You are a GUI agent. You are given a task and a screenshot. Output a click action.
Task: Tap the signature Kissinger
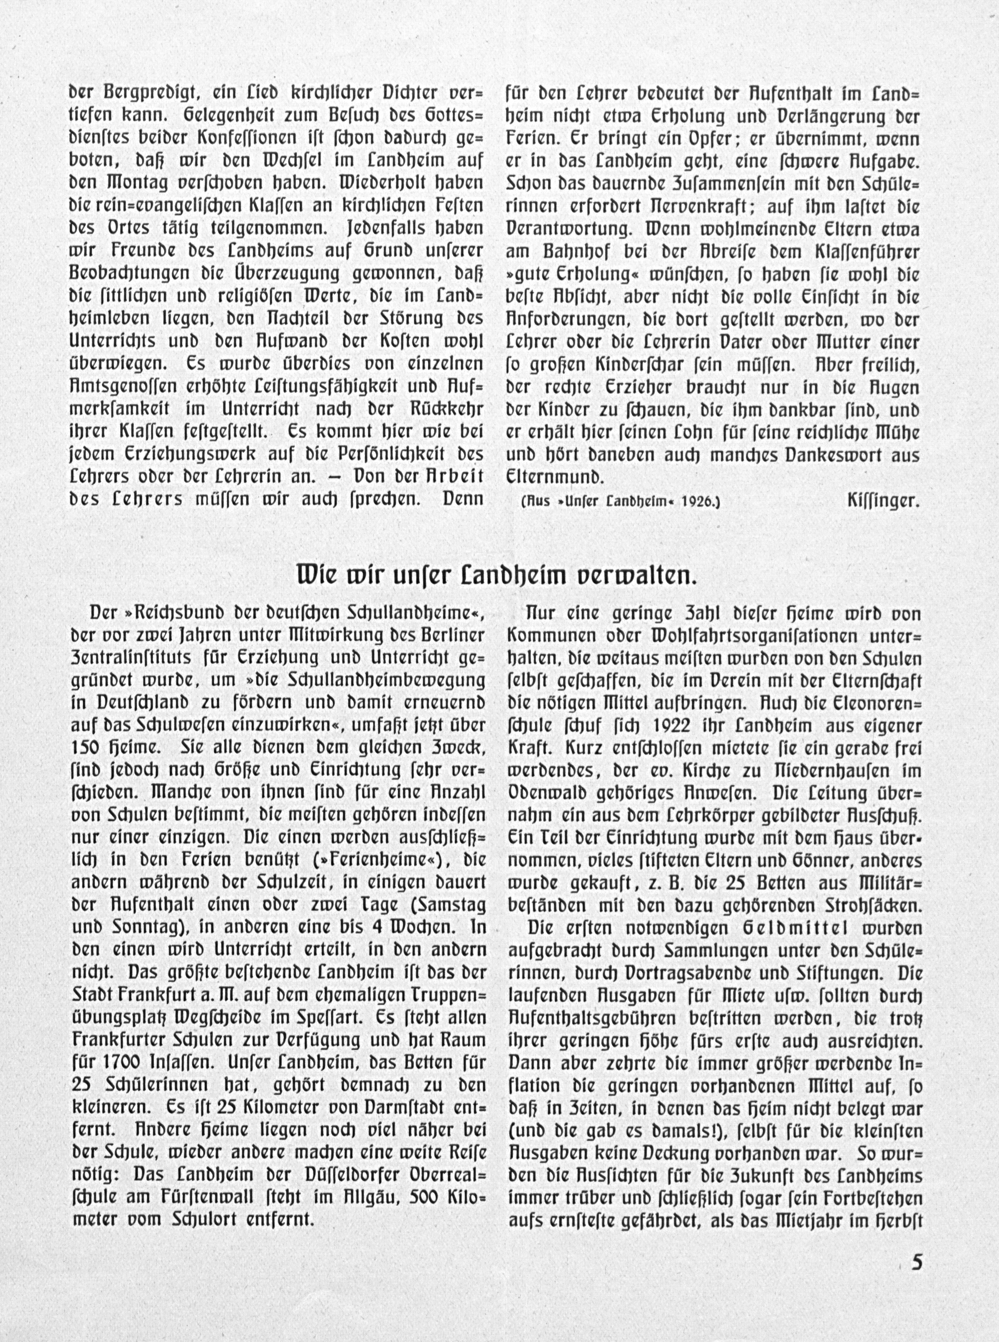[884, 501]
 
